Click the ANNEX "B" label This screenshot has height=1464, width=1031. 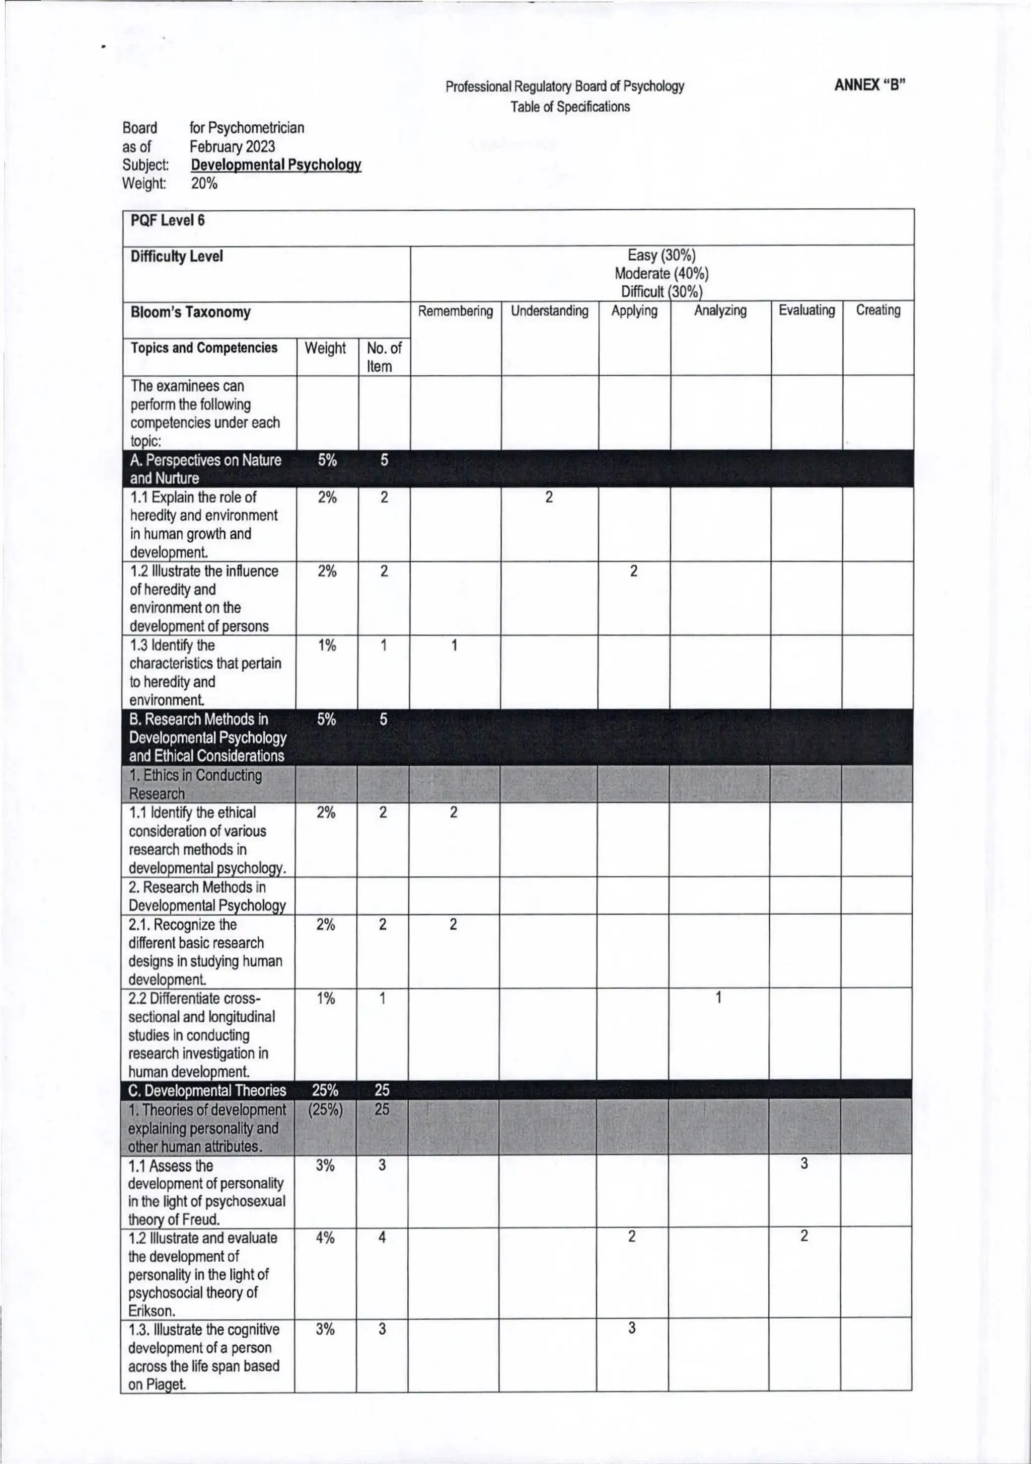coord(869,86)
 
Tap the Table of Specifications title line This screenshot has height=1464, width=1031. coord(570,107)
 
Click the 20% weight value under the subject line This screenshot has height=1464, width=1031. coord(204,184)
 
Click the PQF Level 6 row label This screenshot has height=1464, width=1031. coord(168,221)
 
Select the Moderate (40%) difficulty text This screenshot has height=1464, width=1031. coord(661,274)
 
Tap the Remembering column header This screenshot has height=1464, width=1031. coord(455,311)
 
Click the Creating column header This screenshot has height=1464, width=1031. coord(878,310)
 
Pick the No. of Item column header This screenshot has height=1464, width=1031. coord(384,357)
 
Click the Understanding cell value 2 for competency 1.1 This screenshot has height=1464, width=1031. coord(549,498)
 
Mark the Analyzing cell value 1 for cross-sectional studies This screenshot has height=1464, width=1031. coord(718,998)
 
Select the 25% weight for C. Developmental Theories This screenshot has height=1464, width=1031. coord(325,1090)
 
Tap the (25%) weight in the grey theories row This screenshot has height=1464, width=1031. coord(325,1109)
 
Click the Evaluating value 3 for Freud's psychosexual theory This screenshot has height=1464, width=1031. coord(804,1164)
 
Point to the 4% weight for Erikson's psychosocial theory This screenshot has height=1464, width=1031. coord(325,1238)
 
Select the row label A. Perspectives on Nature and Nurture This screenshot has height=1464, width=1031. coord(205,469)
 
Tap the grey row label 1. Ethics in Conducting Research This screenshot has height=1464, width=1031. coord(195,784)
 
